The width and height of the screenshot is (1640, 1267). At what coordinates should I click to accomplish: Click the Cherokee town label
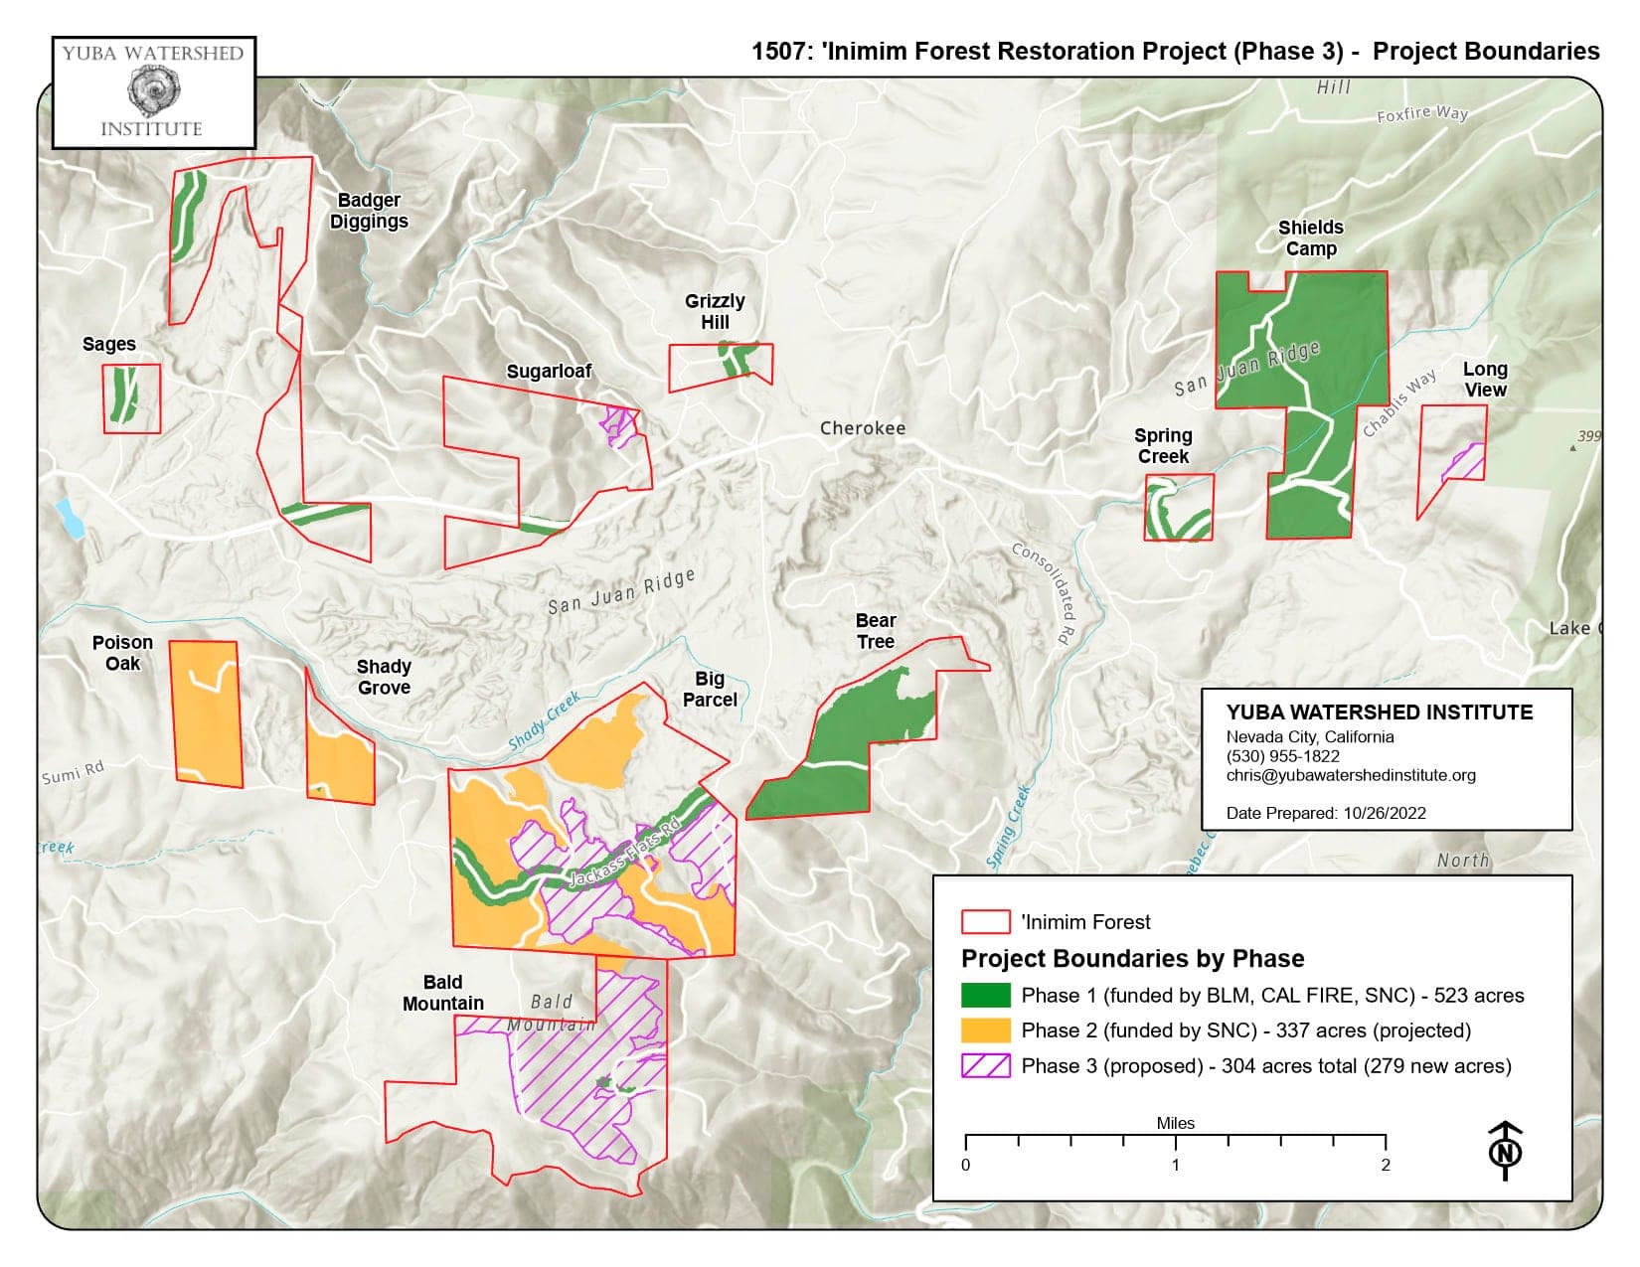862,428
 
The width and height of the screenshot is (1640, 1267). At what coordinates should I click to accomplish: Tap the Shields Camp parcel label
1310,238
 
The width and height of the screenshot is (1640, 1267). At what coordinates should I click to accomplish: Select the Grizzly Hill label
714,311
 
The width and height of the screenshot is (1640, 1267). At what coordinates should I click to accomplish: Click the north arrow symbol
1506,1151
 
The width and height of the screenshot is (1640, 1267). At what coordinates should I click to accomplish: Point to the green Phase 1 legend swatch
985,996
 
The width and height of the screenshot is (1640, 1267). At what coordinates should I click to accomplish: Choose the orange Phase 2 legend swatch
985,1030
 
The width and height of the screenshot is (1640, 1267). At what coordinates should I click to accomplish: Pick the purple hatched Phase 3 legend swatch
985,1066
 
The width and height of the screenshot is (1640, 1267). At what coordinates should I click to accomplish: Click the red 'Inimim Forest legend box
985,922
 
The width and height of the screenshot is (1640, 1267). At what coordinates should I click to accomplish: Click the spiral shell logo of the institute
153,90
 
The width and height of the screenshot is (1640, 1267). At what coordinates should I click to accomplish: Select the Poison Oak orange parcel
207,713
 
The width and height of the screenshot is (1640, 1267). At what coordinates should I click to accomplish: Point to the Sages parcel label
109,344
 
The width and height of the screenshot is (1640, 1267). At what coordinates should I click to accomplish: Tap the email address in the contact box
1350,775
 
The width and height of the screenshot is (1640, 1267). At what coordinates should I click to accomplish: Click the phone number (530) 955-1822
1282,756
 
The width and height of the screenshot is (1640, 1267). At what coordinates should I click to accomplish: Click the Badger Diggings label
369,211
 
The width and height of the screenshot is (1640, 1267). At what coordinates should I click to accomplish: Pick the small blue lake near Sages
70,518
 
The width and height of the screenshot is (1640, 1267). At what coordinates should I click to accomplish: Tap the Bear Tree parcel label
875,631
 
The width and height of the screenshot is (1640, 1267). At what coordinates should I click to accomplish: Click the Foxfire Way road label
1421,114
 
